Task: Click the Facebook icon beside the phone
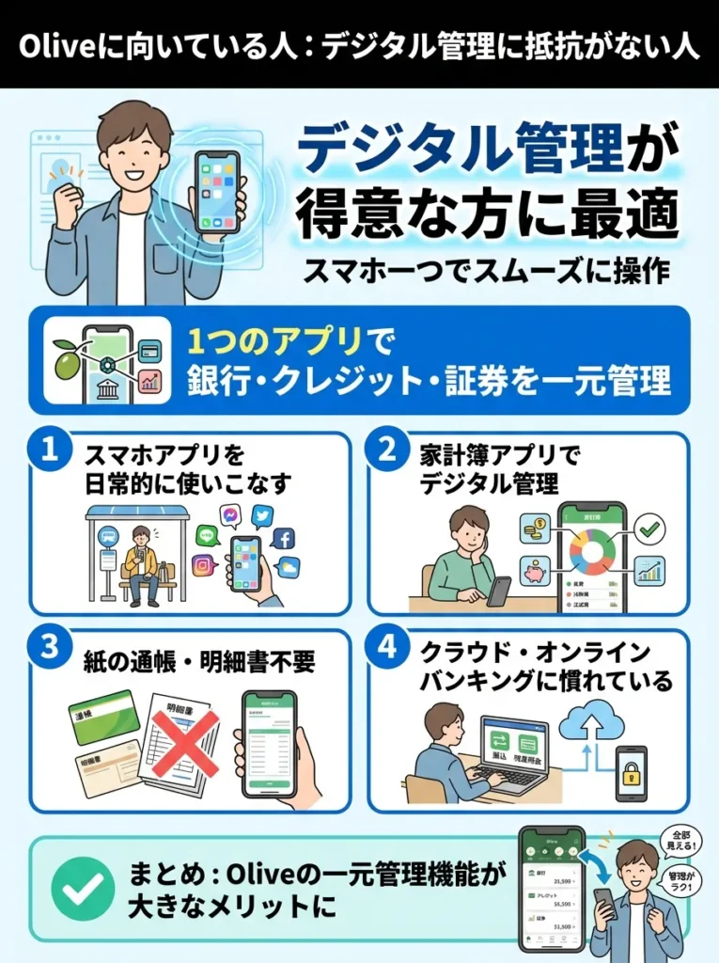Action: (282, 539)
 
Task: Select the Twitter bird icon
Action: (262, 515)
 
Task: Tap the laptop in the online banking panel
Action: (512, 752)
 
